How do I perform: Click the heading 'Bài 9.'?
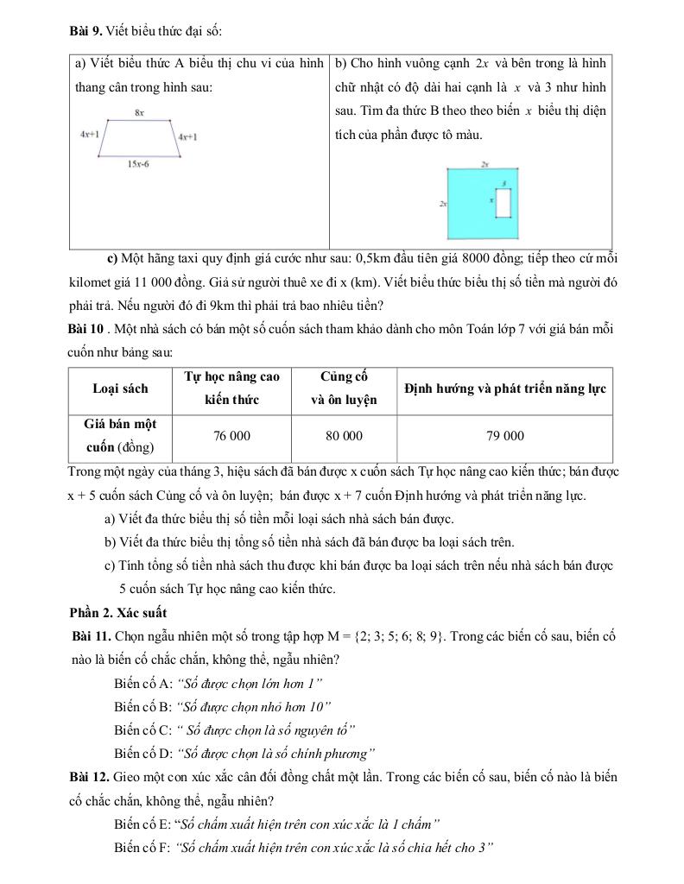(86, 31)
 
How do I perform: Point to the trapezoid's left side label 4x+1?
(89, 135)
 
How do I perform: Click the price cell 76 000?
(231, 436)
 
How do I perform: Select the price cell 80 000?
(344, 436)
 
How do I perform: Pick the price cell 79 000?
(504, 436)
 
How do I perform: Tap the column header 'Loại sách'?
(120, 388)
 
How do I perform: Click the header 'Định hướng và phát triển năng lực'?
(504, 388)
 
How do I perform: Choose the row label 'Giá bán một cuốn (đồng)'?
(120, 436)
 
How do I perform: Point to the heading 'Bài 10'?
(87, 329)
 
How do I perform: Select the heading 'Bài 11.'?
(92, 636)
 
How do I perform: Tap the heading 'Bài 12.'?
(90, 777)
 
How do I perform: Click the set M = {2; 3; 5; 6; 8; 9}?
(389, 636)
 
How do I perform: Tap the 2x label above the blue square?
(484, 163)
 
